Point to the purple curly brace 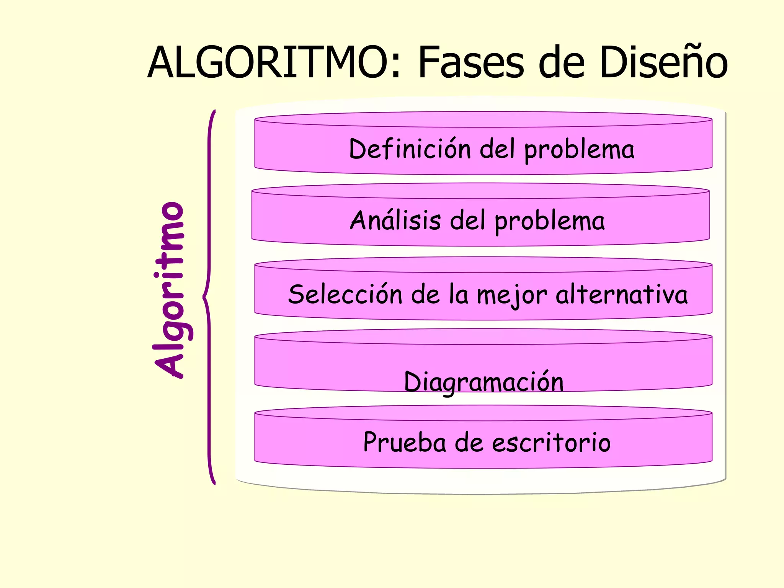click(209, 297)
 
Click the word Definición click(410, 149)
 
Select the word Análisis click(395, 220)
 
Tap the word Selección click(345, 294)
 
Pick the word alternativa click(622, 294)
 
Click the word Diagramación click(484, 382)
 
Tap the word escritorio click(551, 442)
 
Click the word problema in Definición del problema click(579, 150)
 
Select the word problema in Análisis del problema click(550, 221)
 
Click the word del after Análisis click(467, 220)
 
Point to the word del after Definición click(497, 149)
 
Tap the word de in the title click(562, 62)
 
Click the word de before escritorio click(469, 442)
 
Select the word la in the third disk click(459, 294)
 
